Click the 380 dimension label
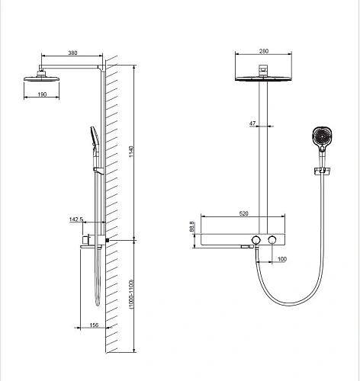pyautogui.click(x=72, y=53)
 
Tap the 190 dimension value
pyautogui.click(x=42, y=94)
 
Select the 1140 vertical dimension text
pyautogui.click(x=131, y=152)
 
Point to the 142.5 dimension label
pyautogui.click(x=76, y=219)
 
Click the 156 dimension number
pyautogui.click(x=94, y=325)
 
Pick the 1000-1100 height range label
pyautogui.click(x=131, y=294)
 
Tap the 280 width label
pyautogui.click(x=264, y=51)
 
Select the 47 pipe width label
pyautogui.click(x=252, y=123)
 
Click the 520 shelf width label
pyautogui.click(x=243, y=213)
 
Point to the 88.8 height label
pyautogui.click(x=192, y=226)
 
